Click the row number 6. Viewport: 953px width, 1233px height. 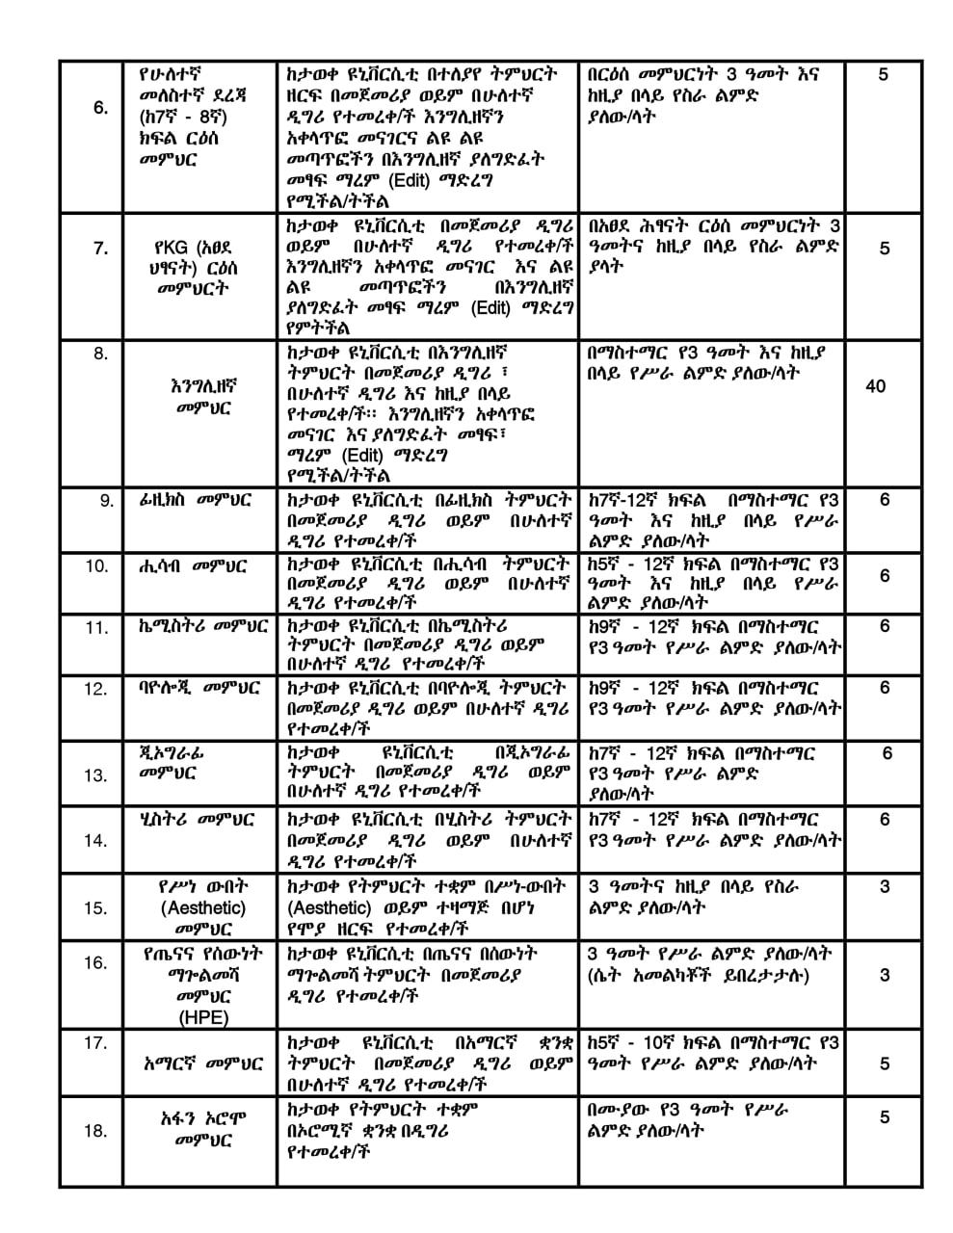click(x=100, y=107)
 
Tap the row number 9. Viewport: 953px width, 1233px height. click(x=106, y=500)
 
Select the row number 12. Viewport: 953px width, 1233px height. click(x=96, y=689)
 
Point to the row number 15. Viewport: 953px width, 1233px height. click(x=95, y=906)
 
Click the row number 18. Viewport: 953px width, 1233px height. click(x=95, y=1130)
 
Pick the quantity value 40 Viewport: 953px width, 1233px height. click(x=876, y=386)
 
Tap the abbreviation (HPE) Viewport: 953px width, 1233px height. click(x=202, y=1017)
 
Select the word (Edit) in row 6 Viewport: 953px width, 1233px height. click(x=410, y=180)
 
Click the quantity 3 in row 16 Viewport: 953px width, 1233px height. click(x=885, y=975)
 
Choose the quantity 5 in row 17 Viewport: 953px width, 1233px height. click(x=885, y=1063)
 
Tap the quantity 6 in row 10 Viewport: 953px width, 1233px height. click(x=885, y=575)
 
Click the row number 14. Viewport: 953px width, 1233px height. click(x=95, y=841)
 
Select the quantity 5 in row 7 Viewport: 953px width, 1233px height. click(x=885, y=249)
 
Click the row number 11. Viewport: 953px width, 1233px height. click(x=96, y=628)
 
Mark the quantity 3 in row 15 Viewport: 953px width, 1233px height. click(x=885, y=886)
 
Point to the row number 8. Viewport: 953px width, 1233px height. click(x=100, y=354)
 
